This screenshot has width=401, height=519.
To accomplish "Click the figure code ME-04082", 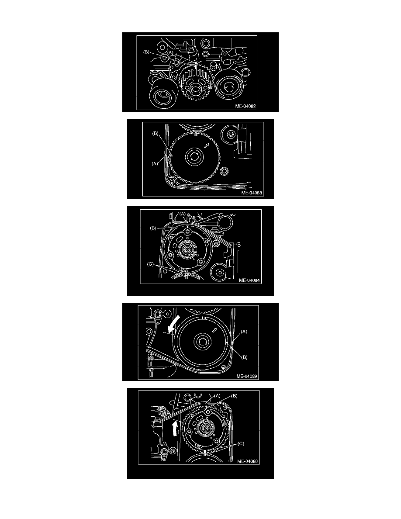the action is pyautogui.click(x=245, y=106).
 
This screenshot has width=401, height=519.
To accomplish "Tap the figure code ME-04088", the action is pyautogui.click(x=252, y=193).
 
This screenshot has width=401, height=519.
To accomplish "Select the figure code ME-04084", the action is pyautogui.click(x=249, y=280).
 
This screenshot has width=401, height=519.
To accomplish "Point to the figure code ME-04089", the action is pyautogui.click(x=247, y=376).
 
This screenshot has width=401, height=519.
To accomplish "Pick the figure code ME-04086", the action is pyautogui.click(x=248, y=461).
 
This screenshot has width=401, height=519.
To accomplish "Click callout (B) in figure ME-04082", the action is pyautogui.click(x=147, y=52).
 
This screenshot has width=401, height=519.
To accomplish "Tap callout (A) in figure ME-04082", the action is pyautogui.click(x=170, y=52).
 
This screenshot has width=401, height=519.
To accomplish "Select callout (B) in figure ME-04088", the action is pyautogui.click(x=155, y=133).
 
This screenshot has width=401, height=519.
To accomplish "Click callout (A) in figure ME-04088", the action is pyautogui.click(x=155, y=163).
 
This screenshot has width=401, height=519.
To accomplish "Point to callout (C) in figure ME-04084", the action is pyautogui.click(x=151, y=264).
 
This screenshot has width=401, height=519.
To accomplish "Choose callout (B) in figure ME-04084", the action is pyautogui.click(x=153, y=228).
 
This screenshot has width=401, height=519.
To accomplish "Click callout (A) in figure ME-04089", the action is pyautogui.click(x=244, y=331).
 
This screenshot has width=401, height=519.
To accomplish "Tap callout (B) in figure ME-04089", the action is pyautogui.click(x=244, y=357).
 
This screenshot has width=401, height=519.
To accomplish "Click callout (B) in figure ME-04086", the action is pyautogui.click(x=234, y=396).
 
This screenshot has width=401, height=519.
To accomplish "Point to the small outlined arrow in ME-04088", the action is pyautogui.click(x=207, y=145).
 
